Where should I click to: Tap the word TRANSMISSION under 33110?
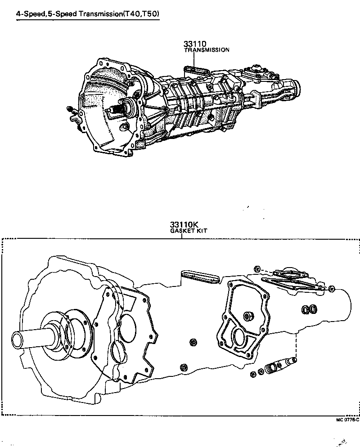(x=207, y=50)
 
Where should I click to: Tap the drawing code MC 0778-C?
(x=347, y=420)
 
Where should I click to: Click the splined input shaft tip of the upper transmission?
(x=117, y=109)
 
